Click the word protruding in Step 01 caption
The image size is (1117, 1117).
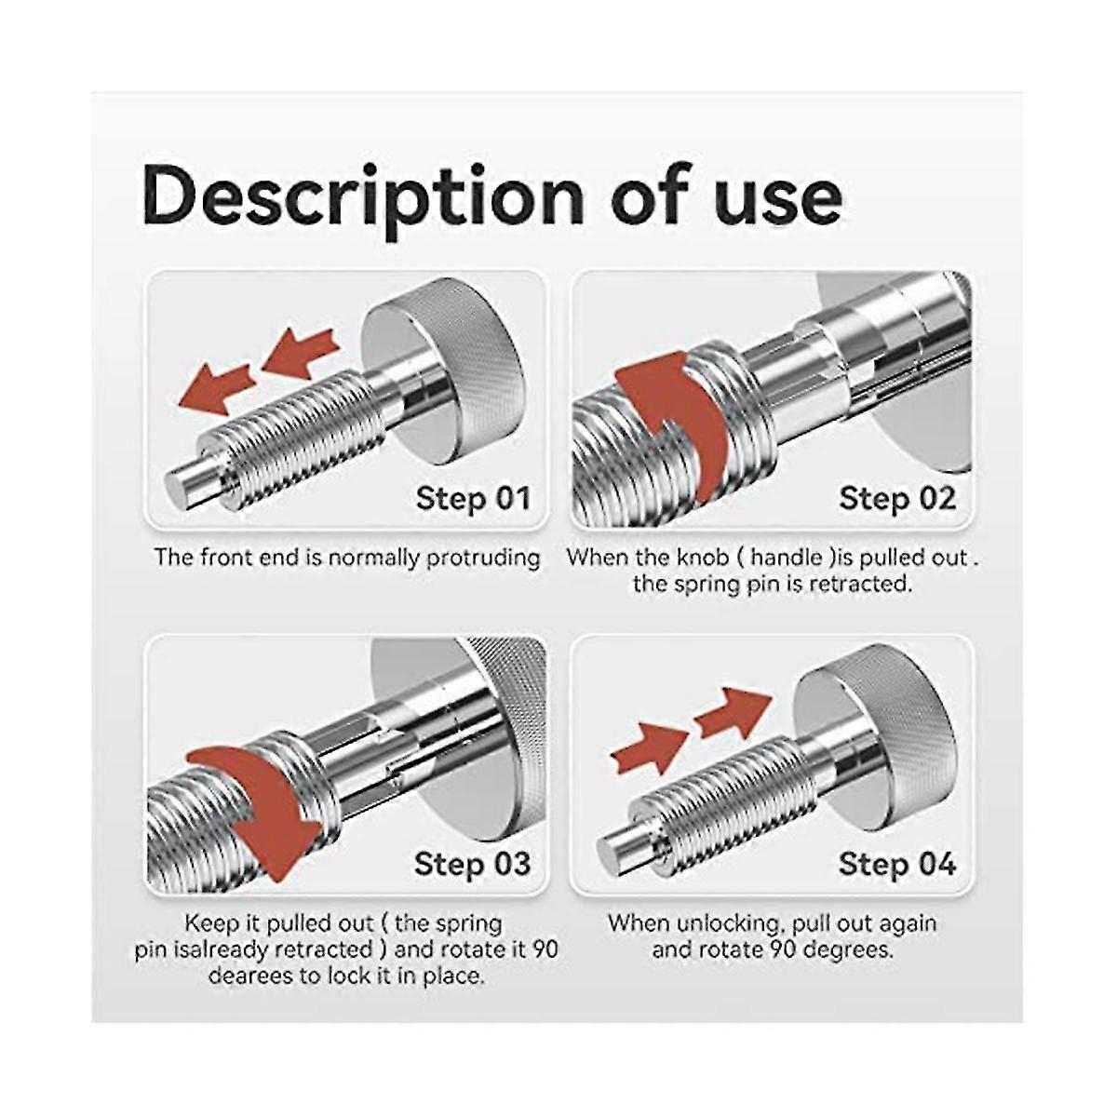483,558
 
